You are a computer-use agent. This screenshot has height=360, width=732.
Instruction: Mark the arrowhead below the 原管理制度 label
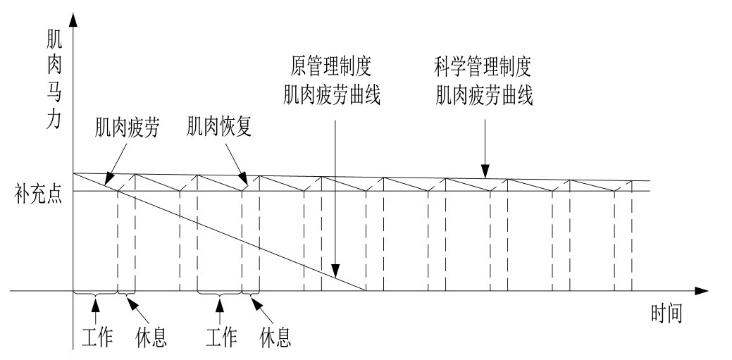pos(336,273)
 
